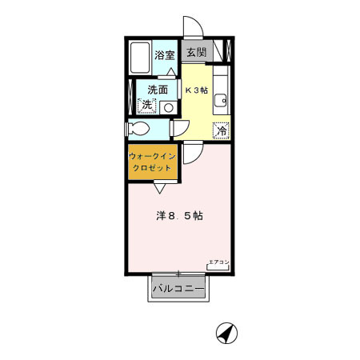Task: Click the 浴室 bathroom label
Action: click(x=166, y=55)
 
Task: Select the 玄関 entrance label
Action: click(x=197, y=53)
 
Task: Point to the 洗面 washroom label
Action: click(x=157, y=90)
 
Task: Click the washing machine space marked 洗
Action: click(x=146, y=105)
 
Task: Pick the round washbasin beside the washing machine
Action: click(x=167, y=105)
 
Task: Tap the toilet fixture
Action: click(x=140, y=129)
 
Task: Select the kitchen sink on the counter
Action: click(x=221, y=101)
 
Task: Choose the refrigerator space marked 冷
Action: click(x=220, y=128)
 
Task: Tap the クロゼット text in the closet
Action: click(x=153, y=170)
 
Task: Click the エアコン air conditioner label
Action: click(x=218, y=262)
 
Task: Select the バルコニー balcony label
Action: click(x=178, y=286)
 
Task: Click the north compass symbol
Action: click(x=228, y=332)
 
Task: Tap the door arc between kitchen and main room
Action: click(x=191, y=153)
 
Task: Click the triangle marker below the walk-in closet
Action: click(x=159, y=188)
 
